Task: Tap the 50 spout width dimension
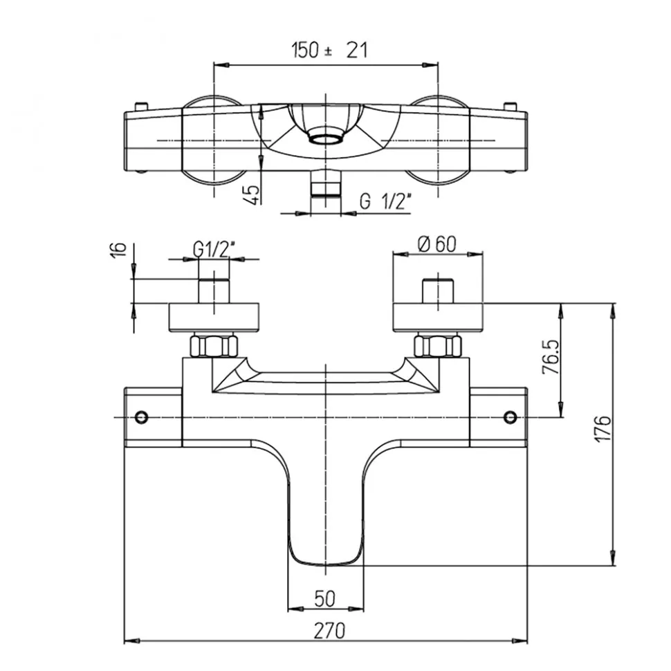[325, 599]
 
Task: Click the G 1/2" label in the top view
[386, 202]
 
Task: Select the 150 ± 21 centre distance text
[329, 50]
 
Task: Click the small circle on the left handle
[142, 417]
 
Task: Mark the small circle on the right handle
[510, 416]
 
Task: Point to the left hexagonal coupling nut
[214, 345]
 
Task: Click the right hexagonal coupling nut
[437, 345]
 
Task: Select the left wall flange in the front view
[214, 317]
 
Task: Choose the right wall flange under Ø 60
[437, 317]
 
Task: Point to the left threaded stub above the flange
[214, 291]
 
